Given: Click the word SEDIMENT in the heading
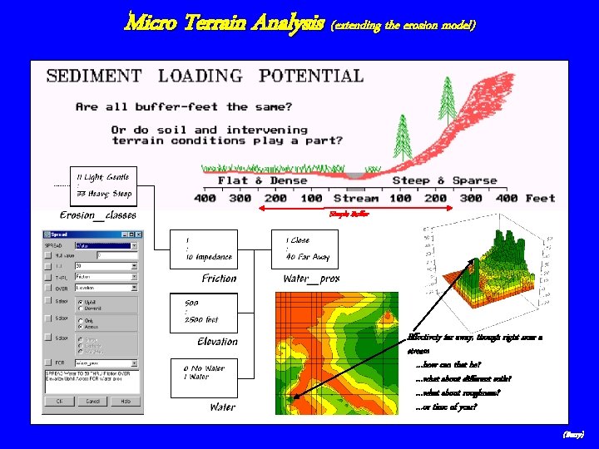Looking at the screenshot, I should click(94, 76).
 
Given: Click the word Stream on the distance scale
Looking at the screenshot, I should click(355, 198).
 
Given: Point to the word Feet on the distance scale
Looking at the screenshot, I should click(540, 198).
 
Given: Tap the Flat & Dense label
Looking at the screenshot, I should click(262, 180).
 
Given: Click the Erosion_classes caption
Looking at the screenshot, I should click(98, 215).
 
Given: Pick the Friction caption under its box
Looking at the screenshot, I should click(219, 279).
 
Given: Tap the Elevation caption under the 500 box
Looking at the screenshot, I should click(218, 342).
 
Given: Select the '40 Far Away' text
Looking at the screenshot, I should click(308, 257).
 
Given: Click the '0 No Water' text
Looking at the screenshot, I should click(204, 367).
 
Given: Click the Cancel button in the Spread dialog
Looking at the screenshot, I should click(93, 401).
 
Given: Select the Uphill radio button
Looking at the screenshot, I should click(80, 302).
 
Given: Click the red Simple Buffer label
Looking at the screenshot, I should click(349, 214).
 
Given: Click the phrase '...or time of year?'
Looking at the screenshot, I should click(446, 407).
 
